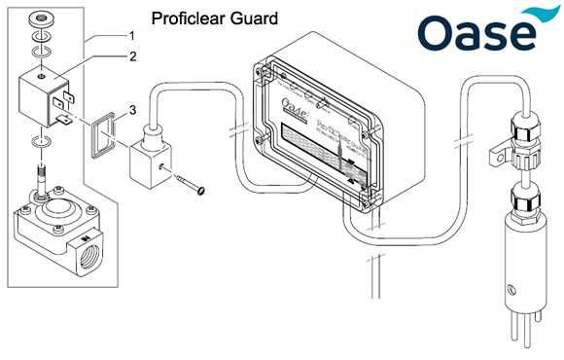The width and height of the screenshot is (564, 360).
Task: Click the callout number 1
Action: [133, 34]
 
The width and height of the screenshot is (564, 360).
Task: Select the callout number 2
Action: [133, 56]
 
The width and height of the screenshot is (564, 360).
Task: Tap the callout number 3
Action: [133, 108]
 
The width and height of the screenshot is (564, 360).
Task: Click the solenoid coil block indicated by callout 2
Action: [44, 97]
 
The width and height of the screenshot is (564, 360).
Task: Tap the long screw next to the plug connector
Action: [189, 185]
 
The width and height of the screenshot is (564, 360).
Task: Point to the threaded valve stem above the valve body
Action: [43, 179]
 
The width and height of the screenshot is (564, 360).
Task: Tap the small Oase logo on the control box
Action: [292, 99]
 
